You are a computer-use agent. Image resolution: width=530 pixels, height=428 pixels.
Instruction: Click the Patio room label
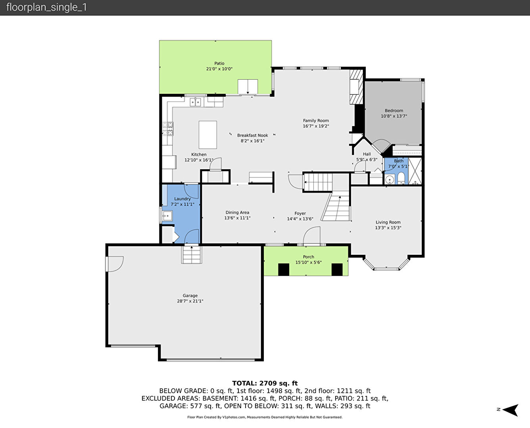pos(219,63)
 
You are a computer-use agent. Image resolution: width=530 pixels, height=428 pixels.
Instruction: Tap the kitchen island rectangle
pos(208,135)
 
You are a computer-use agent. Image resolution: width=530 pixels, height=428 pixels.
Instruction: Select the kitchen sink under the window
pos(195,102)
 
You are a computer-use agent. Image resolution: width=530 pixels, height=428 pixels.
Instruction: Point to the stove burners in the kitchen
pos(168,129)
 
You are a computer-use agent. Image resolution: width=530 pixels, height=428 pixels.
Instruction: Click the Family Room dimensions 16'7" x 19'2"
pos(316,126)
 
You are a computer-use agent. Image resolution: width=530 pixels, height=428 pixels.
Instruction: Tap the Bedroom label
pos(394,111)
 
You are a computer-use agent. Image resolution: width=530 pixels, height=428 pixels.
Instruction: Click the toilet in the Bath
pos(401,179)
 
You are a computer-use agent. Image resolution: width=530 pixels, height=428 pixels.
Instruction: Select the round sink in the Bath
pos(390,179)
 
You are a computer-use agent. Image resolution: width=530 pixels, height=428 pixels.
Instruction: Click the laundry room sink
pos(167,216)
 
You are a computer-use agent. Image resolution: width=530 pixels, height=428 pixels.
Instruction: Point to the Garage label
pos(190,296)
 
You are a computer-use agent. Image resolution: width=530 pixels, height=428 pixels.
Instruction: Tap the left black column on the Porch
pos(284,269)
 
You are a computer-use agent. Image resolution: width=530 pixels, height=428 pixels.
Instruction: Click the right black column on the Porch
pos(337,269)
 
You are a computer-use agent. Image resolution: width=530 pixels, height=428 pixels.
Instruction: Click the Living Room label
pos(388,222)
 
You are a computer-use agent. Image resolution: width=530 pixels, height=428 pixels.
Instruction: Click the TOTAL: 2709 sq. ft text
pos(265,383)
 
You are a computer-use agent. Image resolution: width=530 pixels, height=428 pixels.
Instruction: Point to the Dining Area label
pos(237,212)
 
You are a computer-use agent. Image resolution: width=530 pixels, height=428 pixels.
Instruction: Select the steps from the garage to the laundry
pos(192,254)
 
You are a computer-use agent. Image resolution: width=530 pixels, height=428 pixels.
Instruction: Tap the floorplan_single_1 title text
pos(46,7)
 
